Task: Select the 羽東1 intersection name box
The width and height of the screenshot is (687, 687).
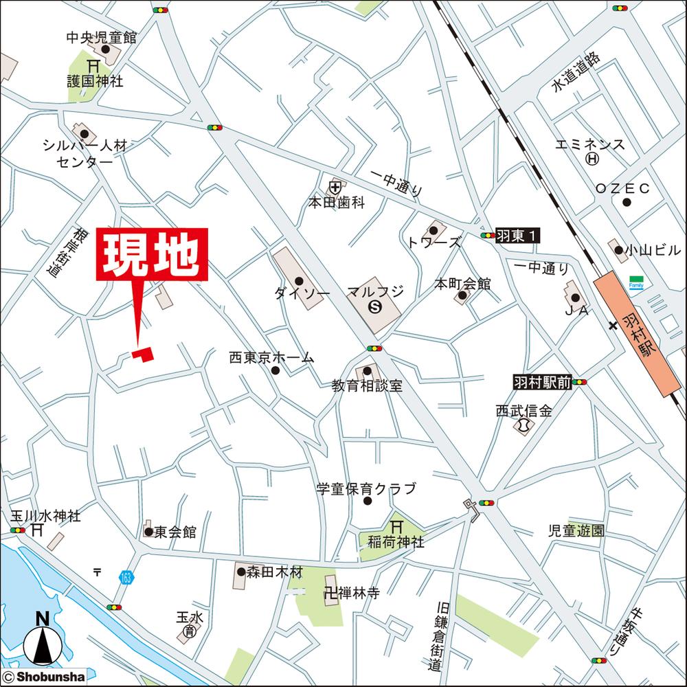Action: [517, 236]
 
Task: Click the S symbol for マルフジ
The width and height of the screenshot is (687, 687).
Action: [375, 306]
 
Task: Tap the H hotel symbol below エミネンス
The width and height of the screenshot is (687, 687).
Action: [591, 159]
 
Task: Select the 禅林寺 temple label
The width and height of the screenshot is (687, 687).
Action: [357, 594]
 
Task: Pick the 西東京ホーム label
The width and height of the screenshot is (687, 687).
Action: [271, 357]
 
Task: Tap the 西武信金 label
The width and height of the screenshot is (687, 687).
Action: [524, 411]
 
